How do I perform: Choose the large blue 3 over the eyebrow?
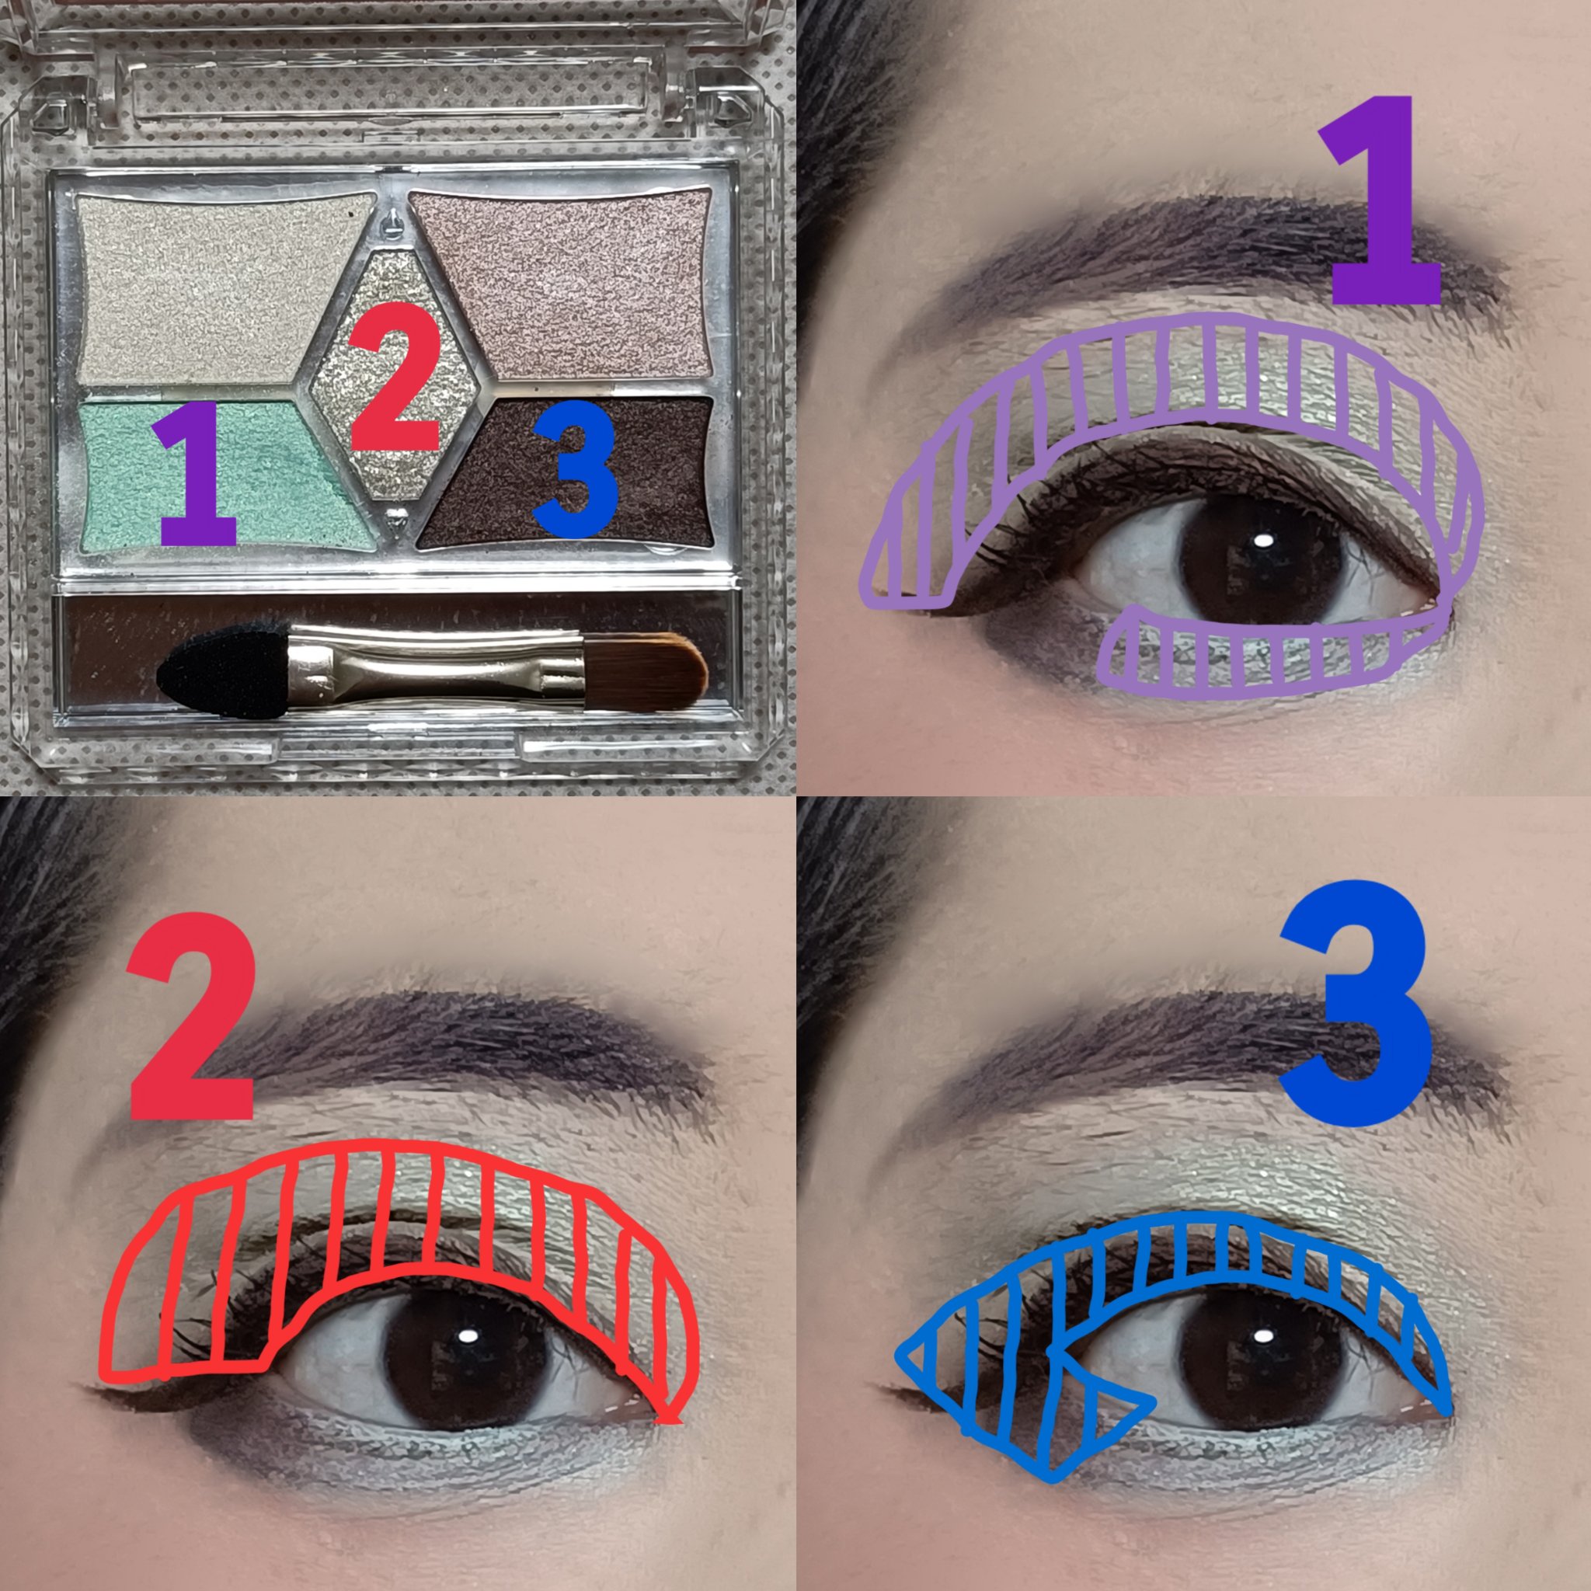coord(1356,1004)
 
